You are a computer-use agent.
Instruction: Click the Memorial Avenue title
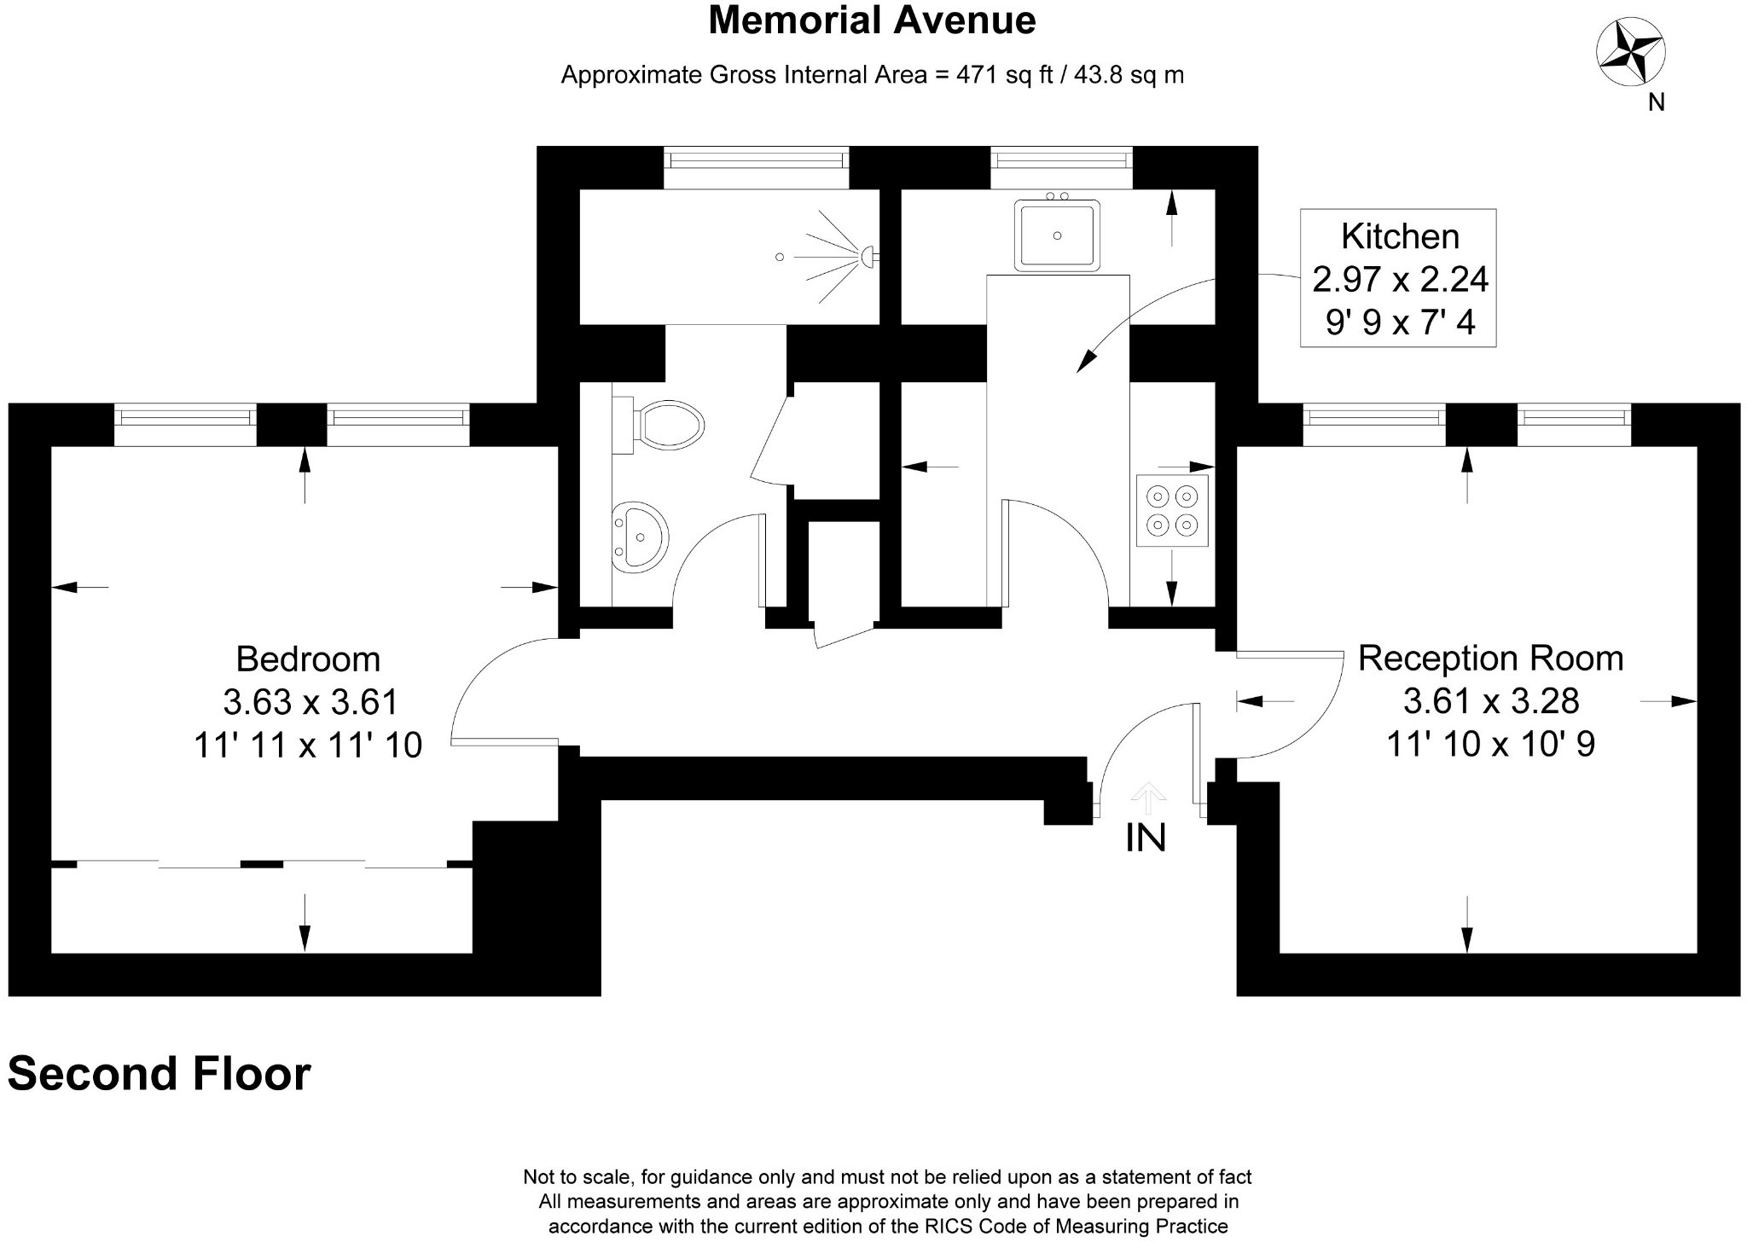pyautogui.click(x=872, y=20)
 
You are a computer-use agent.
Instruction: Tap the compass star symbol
pyautogui.click(x=1630, y=53)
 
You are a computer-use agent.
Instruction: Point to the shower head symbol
pyautogui.click(x=868, y=256)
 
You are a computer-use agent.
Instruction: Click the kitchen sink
pyautogui.click(x=1057, y=235)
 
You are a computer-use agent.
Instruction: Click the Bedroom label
pyautogui.click(x=308, y=659)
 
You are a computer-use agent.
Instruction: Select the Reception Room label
pyautogui.click(x=1490, y=659)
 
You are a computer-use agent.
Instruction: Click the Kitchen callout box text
pyautogui.click(x=1399, y=278)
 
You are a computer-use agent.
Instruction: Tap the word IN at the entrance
pyautogui.click(x=1145, y=839)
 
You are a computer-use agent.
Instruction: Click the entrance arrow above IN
pyautogui.click(x=1148, y=798)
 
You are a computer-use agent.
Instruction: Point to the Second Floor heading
pyautogui.click(x=160, y=1074)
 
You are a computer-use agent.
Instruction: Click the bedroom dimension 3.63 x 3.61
pyautogui.click(x=311, y=702)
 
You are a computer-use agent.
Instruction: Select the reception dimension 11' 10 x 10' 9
pyautogui.click(x=1490, y=744)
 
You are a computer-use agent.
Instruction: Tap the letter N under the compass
pyautogui.click(x=1656, y=102)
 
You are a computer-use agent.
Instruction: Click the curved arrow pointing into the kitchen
pyautogui.click(x=1143, y=316)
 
